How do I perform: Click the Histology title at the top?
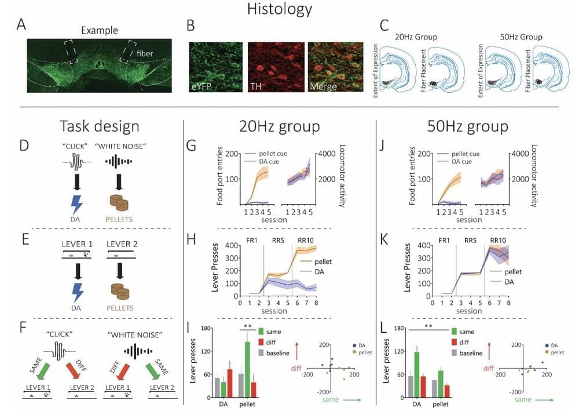tap(280, 9)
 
